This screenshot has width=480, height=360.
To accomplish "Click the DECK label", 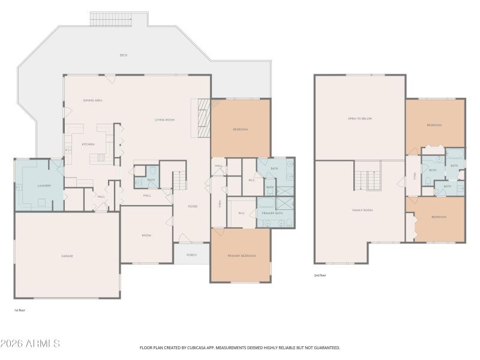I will [x=124, y=55].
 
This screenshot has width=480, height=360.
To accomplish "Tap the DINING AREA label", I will [x=92, y=100].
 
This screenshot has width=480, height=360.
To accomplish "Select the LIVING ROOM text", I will [x=164, y=120].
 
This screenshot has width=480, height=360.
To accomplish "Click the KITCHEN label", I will [x=88, y=144].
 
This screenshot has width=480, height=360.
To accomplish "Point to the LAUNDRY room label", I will [x=44, y=185].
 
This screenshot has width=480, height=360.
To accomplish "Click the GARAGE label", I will [x=67, y=256].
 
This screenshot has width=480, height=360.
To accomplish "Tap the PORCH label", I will [x=191, y=255].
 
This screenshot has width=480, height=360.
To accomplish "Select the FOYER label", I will [x=193, y=206].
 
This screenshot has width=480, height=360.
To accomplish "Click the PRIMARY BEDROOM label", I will [x=241, y=256].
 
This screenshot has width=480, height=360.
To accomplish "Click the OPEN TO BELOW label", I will [x=360, y=119].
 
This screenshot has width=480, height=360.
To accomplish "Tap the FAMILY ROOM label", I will [x=362, y=210].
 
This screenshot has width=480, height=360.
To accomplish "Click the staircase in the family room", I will [x=367, y=179].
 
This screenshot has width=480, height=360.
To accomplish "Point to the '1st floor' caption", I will [x=20, y=310].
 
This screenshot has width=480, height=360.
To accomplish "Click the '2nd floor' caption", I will [x=320, y=275].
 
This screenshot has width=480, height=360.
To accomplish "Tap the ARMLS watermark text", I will [x=30, y=344].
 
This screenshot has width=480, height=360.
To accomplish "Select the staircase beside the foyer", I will [x=179, y=179].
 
